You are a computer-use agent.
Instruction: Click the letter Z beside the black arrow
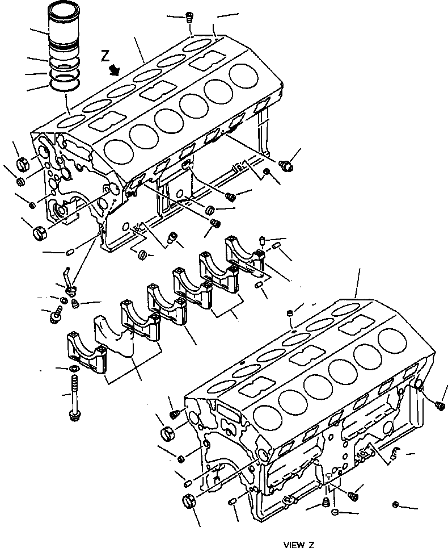tap(104, 56)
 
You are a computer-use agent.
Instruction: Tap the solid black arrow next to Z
tap(116, 69)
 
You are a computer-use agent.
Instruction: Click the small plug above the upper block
tap(189, 18)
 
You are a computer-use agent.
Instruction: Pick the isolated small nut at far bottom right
tap(396, 504)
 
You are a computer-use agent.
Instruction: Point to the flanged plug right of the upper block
tap(287, 165)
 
